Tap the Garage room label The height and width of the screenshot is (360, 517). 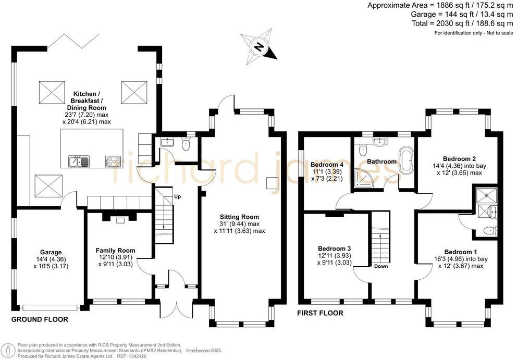51,253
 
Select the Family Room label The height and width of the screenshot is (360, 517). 115,251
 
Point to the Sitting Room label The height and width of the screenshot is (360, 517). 239,217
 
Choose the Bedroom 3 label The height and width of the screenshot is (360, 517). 335,249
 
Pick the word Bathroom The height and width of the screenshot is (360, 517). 381,162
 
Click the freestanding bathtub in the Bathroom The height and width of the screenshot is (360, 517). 405,160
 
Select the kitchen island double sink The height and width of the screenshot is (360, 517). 79,161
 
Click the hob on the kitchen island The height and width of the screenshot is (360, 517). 113,161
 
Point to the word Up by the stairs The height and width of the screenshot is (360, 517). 177,197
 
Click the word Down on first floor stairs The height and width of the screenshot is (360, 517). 381,266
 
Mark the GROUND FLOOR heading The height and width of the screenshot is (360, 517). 40,319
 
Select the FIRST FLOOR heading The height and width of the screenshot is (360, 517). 320,313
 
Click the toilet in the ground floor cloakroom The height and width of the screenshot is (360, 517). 186,144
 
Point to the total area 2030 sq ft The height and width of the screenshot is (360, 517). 462,23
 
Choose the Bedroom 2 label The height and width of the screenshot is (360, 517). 459,158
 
